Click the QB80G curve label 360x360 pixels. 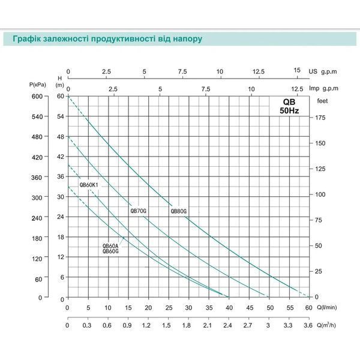(x=178, y=211)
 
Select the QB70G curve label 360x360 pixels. (x=138, y=211)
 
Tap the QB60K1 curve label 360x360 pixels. (x=89, y=185)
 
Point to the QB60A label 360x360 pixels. (x=110, y=247)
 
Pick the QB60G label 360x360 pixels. (x=110, y=251)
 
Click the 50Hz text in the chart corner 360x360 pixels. (x=289, y=111)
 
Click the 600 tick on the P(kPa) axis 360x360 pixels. (x=37, y=97)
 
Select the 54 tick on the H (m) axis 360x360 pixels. (x=61, y=116)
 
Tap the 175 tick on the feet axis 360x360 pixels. (x=320, y=118)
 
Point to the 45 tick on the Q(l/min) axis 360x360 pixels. (x=250, y=308)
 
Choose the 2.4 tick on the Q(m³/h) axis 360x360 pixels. (x=227, y=326)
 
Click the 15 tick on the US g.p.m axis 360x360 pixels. (x=297, y=70)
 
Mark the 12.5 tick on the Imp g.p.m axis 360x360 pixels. (x=297, y=89)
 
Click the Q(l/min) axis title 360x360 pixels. (x=327, y=307)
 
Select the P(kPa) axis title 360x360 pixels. (x=38, y=85)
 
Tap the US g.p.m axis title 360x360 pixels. (x=323, y=71)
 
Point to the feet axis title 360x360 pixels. (x=322, y=101)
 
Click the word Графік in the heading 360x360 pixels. (x=26, y=39)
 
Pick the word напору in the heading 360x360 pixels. (x=188, y=39)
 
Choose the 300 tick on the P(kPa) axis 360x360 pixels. (x=37, y=197)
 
